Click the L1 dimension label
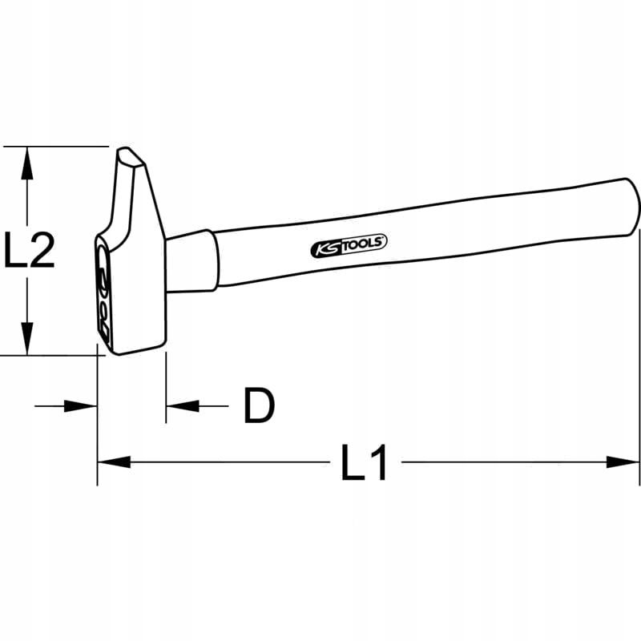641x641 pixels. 365,462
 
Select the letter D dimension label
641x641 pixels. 259,406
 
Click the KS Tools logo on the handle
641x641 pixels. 349,247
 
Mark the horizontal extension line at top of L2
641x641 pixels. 56,147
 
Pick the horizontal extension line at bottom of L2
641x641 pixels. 48,354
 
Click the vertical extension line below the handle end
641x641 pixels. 640,361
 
